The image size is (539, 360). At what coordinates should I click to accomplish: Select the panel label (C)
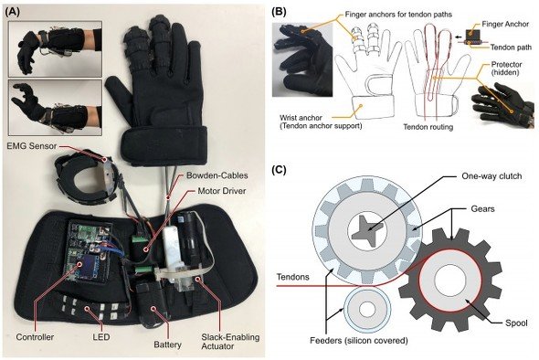pyautogui.click(x=279, y=170)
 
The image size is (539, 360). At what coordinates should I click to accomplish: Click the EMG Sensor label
pyautogui.click(x=32, y=146)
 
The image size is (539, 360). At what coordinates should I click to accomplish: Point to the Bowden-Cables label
pyautogui.click(x=217, y=175)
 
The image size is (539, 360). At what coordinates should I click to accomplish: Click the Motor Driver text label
pyautogui.click(x=222, y=190)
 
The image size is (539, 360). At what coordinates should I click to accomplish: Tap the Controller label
pyautogui.click(x=35, y=337)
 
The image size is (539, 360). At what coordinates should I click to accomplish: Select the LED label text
pyautogui.click(x=101, y=337)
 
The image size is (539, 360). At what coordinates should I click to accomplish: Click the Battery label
pyautogui.click(x=167, y=344)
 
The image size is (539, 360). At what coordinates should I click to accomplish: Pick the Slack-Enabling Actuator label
pyautogui.click(x=230, y=342)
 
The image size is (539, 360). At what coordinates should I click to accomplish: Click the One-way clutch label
pyautogui.click(x=491, y=176)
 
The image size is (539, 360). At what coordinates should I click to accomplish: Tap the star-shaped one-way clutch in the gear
pyautogui.click(x=368, y=228)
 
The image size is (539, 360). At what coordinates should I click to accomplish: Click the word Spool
pyautogui.click(x=516, y=323)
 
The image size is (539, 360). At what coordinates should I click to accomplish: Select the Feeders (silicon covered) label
pyautogui.click(x=359, y=341)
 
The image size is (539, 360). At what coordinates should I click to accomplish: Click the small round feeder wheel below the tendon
pyautogui.click(x=367, y=309)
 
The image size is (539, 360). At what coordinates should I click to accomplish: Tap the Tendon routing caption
pyautogui.click(x=428, y=127)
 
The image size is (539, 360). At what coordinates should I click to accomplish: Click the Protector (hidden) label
pyautogui.click(x=506, y=69)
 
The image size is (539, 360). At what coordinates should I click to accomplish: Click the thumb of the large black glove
pyautogui.click(x=119, y=94)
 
